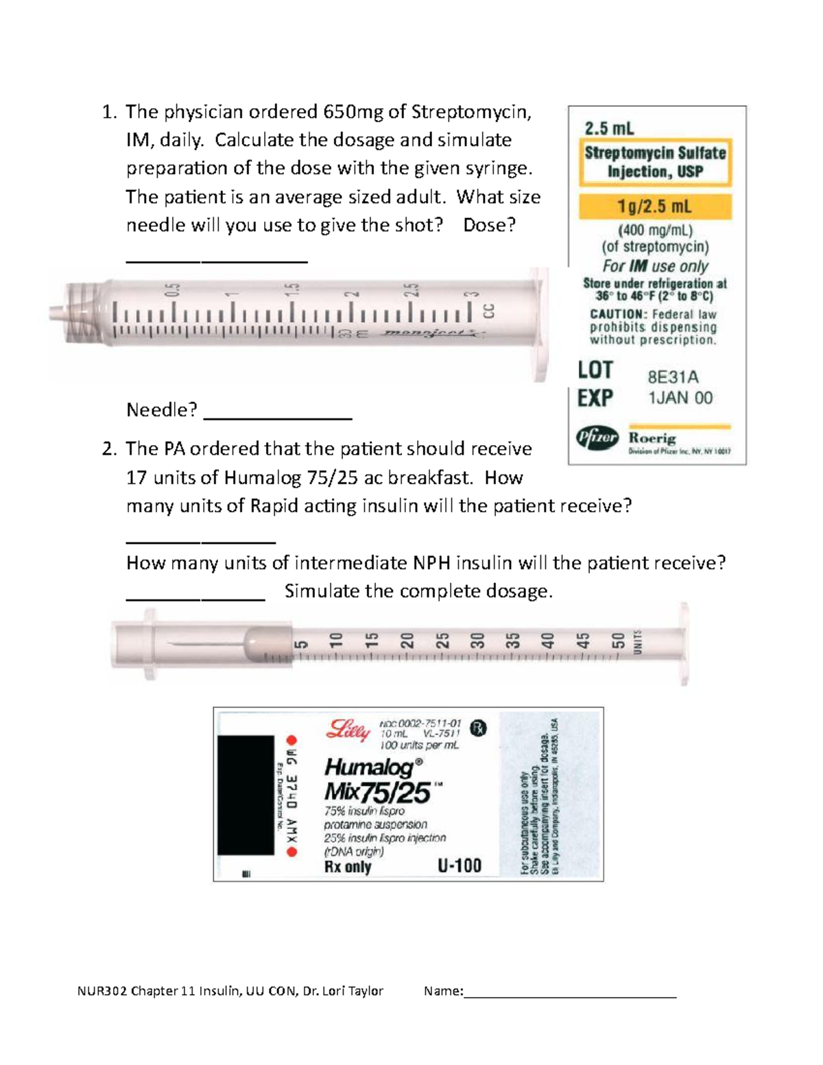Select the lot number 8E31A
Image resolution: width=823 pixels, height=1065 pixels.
click(673, 376)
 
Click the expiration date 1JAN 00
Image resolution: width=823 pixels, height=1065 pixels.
click(680, 398)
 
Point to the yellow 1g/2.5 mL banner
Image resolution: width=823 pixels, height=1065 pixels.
click(655, 206)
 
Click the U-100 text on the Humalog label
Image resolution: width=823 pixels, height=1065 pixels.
click(460, 865)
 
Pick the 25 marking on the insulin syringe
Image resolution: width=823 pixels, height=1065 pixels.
click(443, 641)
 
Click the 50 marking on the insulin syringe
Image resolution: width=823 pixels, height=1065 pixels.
click(619, 641)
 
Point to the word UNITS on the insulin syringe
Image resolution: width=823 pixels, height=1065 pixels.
click(638, 642)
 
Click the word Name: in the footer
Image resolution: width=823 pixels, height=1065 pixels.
click(443, 990)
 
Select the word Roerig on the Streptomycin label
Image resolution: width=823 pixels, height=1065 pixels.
click(652, 438)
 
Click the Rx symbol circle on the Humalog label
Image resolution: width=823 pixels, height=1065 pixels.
click(478, 729)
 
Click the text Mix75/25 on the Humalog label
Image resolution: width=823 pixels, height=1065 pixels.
click(377, 793)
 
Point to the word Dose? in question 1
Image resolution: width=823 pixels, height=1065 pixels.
click(489, 225)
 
